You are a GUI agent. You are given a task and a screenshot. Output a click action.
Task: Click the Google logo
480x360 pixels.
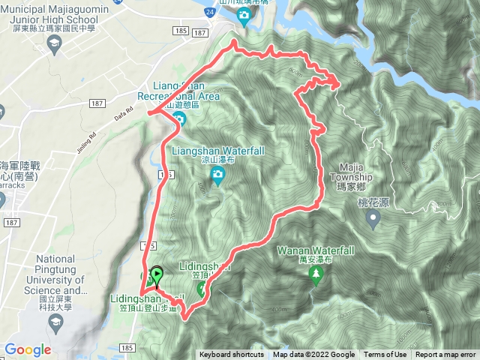click(28, 349)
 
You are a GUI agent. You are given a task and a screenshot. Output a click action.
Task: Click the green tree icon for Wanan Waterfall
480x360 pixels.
click(315, 275)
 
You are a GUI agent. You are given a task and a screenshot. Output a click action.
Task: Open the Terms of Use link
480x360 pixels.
click(385, 355)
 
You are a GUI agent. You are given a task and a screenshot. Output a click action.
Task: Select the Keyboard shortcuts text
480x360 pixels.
click(231, 355)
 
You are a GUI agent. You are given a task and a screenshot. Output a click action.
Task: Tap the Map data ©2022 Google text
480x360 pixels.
click(313, 355)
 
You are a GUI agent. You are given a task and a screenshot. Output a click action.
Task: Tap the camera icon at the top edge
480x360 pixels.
click(244, 15)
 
